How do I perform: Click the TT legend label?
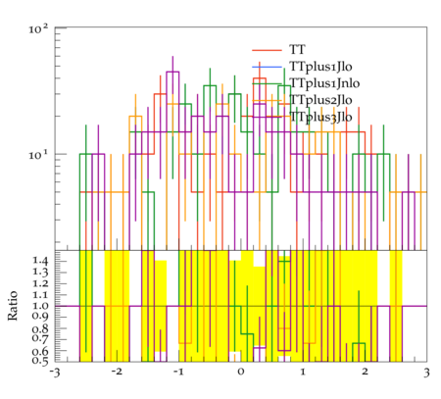(x=297, y=50)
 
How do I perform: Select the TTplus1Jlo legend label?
(x=320, y=67)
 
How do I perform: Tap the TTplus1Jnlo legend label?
(x=324, y=83)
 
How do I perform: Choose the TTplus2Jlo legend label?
(x=320, y=100)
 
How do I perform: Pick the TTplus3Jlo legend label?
(x=320, y=117)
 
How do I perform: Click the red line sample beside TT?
(x=267, y=50)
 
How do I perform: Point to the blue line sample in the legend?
(x=267, y=67)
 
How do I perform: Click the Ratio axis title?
(x=13, y=306)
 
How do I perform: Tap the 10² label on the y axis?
(x=38, y=28)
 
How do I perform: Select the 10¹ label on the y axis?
(x=38, y=154)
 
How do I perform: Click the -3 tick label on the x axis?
(x=55, y=373)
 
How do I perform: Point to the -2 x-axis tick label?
(x=117, y=372)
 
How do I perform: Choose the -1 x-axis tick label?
(x=178, y=372)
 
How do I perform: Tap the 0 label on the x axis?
(x=241, y=372)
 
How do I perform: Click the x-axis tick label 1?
(x=303, y=372)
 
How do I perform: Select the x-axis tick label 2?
(x=365, y=372)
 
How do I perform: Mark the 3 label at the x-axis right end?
(x=426, y=373)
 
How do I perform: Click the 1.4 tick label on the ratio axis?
(x=40, y=261)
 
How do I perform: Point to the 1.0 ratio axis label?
(x=40, y=306)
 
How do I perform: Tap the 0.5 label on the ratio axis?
(x=40, y=361)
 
